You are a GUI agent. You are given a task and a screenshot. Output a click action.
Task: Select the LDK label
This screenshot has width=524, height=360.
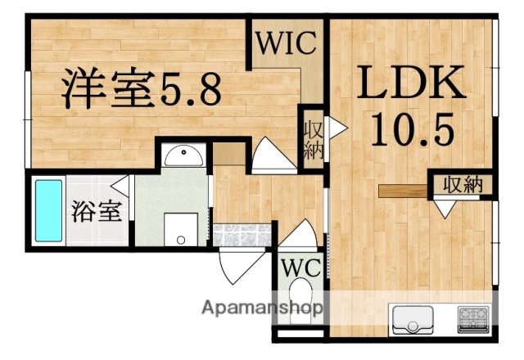coord(411,86)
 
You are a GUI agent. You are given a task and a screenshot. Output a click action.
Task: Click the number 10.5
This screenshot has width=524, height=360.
coord(410,128)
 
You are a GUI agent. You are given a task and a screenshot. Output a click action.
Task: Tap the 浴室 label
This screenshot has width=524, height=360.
coord(97,212)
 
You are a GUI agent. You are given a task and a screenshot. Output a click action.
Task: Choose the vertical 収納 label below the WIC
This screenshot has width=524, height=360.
coord(313,140)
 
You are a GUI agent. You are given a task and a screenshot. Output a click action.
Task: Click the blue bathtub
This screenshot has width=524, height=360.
coord(48,211)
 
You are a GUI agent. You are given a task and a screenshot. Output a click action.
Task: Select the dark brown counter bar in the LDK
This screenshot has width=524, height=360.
coord(403,192)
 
